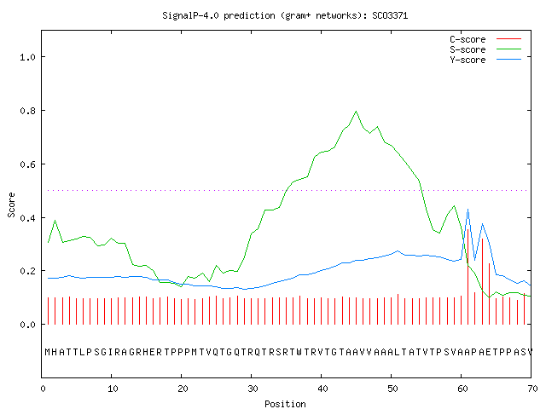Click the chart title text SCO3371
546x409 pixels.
tap(390, 15)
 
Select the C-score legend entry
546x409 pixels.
tap(485, 39)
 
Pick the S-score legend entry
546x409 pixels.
tap(485, 49)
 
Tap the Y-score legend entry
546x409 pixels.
tap(485, 60)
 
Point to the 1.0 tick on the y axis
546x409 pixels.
tap(28, 57)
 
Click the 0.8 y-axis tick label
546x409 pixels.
tap(28, 111)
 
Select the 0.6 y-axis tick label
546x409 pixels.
tap(28, 164)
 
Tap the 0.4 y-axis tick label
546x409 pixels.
tap(28, 218)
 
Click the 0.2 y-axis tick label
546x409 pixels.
tap(28, 271)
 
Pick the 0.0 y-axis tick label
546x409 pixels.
tap(28, 325)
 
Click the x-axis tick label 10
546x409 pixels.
tap(113, 389)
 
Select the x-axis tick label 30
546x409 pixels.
tap(253, 389)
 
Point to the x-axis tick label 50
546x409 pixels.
tap(392, 389)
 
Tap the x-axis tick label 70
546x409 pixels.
tap(532, 389)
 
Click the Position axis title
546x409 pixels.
tap(285, 404)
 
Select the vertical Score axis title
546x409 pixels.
tap(11, 204)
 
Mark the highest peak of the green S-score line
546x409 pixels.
tap(356, 112)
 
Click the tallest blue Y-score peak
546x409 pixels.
tap(468, 210)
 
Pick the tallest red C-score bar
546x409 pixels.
tap(468, 277)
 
